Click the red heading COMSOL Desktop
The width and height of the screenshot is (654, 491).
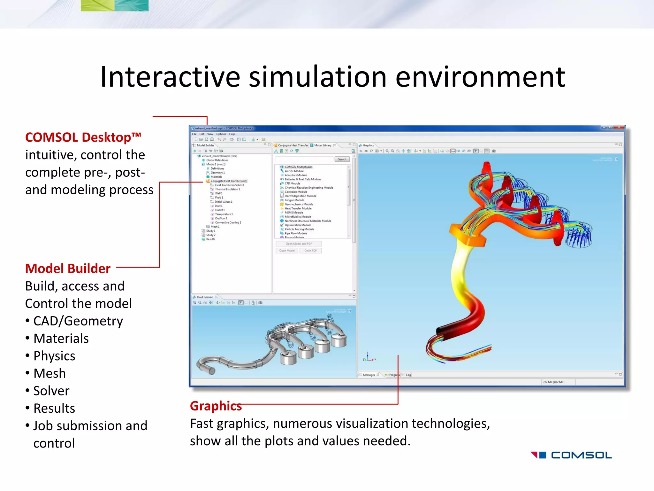83,137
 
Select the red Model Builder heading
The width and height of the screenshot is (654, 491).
68,269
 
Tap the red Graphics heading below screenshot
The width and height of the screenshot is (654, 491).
216,406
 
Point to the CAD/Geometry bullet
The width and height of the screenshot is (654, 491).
78,321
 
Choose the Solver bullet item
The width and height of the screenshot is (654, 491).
51,391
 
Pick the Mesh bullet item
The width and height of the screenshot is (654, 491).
49,373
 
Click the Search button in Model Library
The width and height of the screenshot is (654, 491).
342,159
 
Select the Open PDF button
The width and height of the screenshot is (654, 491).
310,251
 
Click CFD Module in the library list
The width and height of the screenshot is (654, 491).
292,183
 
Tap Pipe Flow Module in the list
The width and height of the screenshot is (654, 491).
295,233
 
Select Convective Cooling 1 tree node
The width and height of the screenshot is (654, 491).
228,222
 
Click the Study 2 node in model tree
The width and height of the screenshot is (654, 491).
210,235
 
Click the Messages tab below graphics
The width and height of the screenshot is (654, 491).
369,375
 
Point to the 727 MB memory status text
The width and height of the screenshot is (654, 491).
553,382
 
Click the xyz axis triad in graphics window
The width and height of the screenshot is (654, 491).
369,358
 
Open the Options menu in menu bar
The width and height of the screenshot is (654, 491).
221,134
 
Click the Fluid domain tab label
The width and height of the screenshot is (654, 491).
205,297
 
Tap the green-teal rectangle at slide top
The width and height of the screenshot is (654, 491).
115,5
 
